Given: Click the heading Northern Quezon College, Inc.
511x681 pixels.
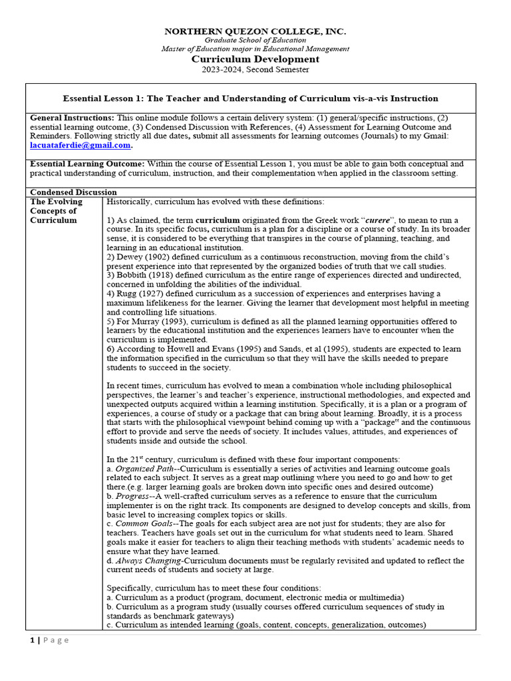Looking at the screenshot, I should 255,31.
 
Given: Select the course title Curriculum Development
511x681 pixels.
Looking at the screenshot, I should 255,59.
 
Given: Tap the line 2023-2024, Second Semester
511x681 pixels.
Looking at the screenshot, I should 255,69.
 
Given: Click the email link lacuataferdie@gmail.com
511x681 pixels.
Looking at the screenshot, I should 81,145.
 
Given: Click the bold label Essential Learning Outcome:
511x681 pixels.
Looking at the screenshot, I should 87,164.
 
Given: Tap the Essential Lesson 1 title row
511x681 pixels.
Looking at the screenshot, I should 250,98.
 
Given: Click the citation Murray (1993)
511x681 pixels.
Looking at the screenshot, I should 155,321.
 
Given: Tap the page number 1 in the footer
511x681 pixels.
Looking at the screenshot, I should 31,640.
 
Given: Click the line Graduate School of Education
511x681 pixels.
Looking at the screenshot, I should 255,41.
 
